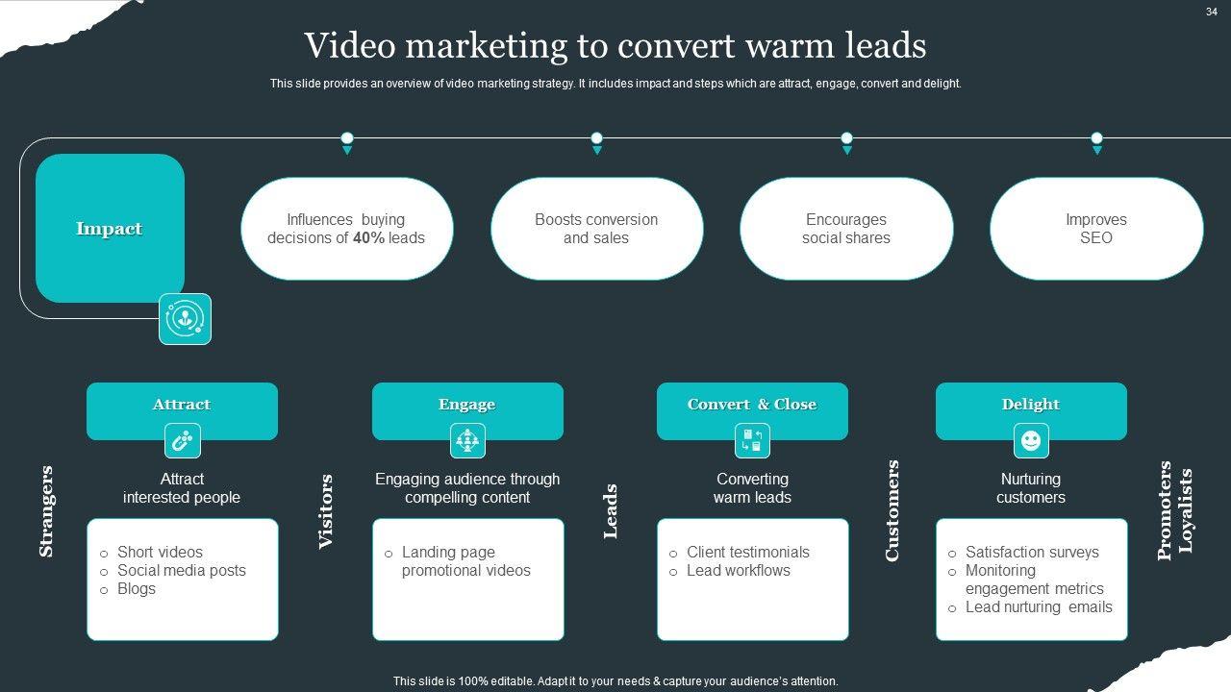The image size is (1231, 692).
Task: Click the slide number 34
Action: (1212, 12)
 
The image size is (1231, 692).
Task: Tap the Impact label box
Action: (110, 229)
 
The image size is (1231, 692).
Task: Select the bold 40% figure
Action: (368, 238)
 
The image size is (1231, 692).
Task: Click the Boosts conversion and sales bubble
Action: (596, 229)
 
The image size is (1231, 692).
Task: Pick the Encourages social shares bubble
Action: (846, 229)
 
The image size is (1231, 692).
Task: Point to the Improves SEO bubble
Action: (1095, 229)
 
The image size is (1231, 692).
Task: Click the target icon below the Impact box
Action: (185, 319)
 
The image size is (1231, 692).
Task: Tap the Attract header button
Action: (182, 406)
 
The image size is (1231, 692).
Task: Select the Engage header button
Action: (467, 406)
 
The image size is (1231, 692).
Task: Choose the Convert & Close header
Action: (752, 406)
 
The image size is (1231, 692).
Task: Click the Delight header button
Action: (1031, 406)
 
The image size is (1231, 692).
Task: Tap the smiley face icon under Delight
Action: (1031, 441)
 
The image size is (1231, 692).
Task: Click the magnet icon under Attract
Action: (182, 441)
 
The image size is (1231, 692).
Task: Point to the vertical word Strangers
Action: (45, 511)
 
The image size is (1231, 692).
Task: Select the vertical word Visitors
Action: (325, 511)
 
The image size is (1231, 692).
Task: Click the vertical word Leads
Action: (610, 511)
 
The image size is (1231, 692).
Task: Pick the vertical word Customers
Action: (892, 510)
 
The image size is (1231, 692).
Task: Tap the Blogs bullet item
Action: (136, 589)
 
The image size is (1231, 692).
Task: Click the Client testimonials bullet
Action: (747, 553)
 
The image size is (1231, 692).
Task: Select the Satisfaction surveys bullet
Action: (1031, 553)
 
